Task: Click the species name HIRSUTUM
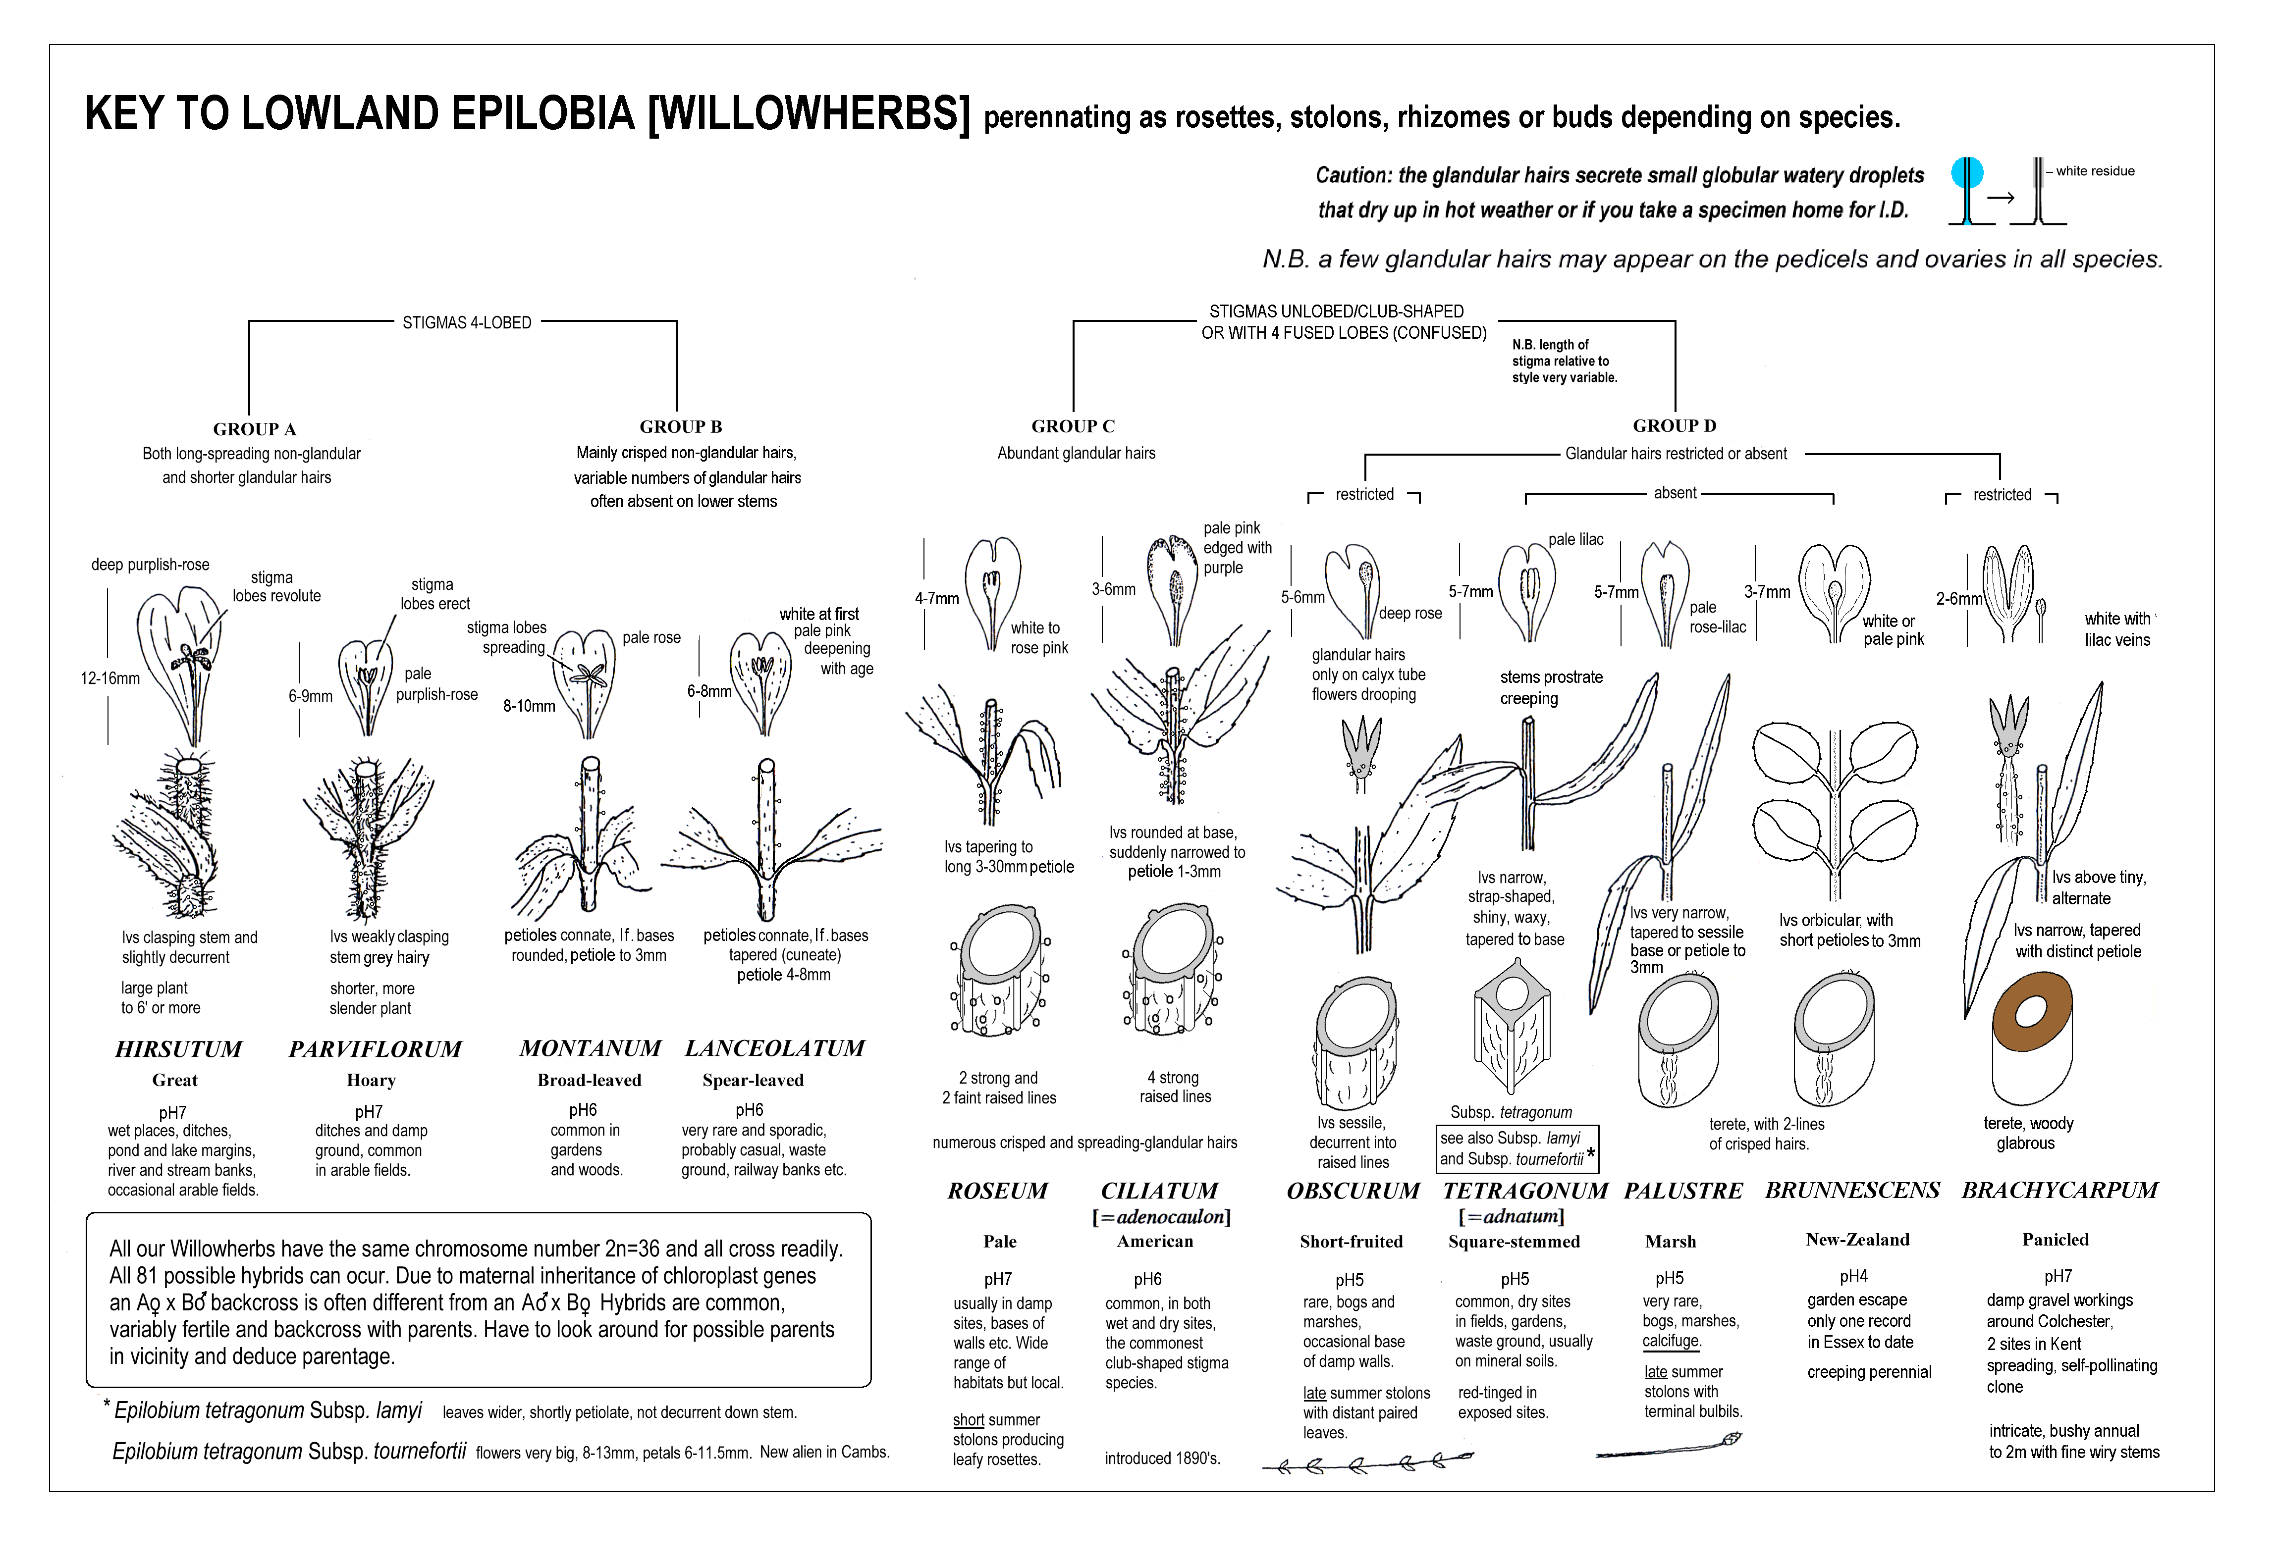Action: (178, 1049)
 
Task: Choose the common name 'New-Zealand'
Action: (1857, 1240)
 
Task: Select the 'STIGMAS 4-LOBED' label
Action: (467, 323)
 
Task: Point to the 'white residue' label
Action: (2095, 171)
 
